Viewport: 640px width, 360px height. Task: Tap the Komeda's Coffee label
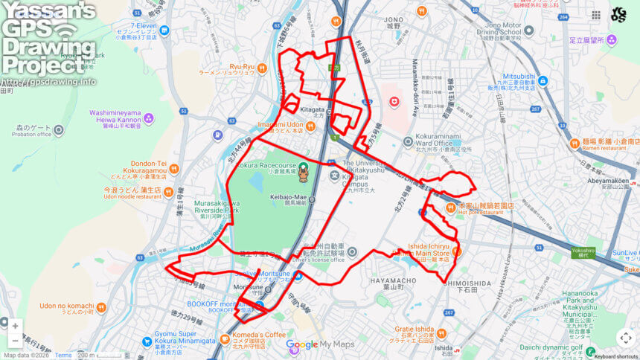point(257,335)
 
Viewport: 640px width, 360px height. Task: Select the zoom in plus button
point(15,326)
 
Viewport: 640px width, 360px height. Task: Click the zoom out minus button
point(15,341)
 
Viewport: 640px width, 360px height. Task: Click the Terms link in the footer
point(63,356)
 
